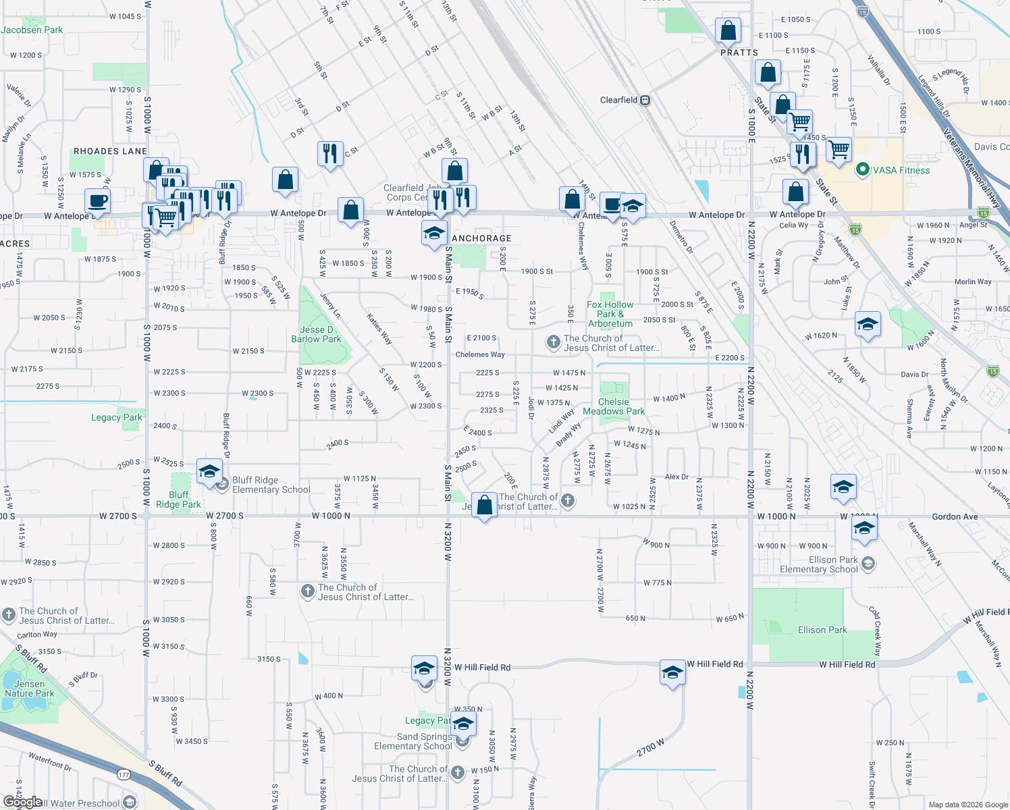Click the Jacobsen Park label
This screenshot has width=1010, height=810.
32,30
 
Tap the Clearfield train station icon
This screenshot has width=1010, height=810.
645,101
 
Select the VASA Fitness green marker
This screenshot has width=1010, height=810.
862,170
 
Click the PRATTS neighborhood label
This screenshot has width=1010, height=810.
739,53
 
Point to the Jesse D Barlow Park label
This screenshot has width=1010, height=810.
316,335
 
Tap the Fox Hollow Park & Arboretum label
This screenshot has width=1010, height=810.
610,314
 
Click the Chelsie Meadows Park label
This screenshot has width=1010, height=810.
614,406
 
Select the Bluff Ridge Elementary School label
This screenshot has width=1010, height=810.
271,485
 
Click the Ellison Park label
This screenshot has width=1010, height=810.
822,630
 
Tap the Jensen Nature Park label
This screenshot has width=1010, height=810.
30,688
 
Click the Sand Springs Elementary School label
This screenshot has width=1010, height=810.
413,741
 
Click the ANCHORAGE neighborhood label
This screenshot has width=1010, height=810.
481,238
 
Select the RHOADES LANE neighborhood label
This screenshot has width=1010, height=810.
110,151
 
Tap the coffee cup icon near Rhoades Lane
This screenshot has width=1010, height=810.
97,200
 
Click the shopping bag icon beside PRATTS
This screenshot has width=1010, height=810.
728,30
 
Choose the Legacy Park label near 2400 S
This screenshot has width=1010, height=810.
117,417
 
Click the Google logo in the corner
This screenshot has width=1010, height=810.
22,801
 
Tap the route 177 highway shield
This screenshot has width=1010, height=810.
124,775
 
